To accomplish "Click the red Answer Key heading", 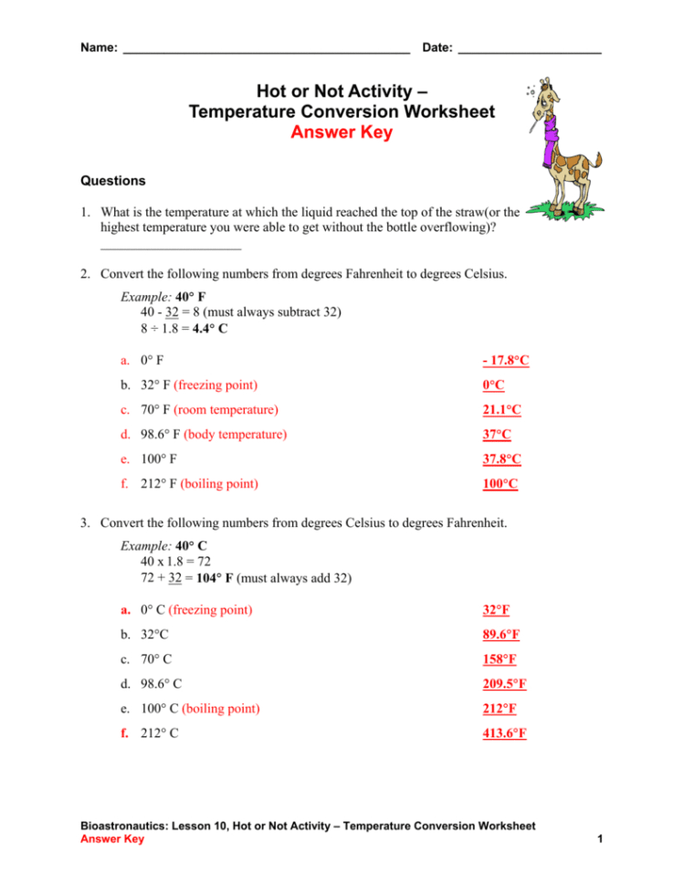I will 341,132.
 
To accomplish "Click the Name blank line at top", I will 265,51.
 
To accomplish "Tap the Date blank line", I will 529,51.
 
